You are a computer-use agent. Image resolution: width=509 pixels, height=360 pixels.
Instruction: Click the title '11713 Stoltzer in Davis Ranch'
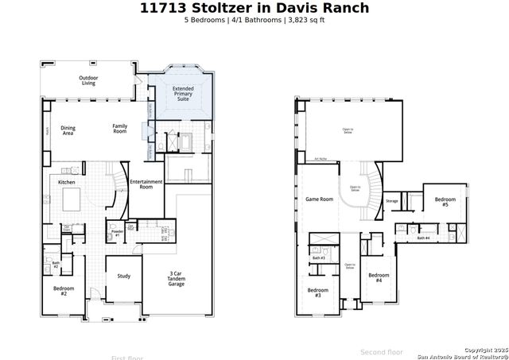[254, 8]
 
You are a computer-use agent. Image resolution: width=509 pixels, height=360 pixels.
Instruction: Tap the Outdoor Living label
[87, 79]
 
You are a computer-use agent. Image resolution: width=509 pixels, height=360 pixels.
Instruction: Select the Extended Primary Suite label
[184, 95]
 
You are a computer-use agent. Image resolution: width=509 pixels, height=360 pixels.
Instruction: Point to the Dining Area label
[68, 130]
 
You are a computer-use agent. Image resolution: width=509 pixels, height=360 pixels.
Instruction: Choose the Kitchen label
[67, 183]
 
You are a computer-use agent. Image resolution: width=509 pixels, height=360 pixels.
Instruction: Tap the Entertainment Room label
[146, 184]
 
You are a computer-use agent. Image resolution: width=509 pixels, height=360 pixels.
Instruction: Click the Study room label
[123, 276]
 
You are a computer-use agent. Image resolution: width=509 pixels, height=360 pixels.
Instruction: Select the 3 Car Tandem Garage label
[177, 277]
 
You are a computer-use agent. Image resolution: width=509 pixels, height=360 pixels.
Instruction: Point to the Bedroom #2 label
[64, 291]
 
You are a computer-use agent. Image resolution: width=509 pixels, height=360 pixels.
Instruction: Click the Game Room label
[319, 199]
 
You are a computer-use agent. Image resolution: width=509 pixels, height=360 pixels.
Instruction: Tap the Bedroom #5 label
[445, 202]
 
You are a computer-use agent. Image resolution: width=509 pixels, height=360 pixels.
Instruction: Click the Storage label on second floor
[392, 201]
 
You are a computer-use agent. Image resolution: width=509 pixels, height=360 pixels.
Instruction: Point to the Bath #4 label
[423, 238]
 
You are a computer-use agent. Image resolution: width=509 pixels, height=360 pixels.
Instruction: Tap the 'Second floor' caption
[382, 352]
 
